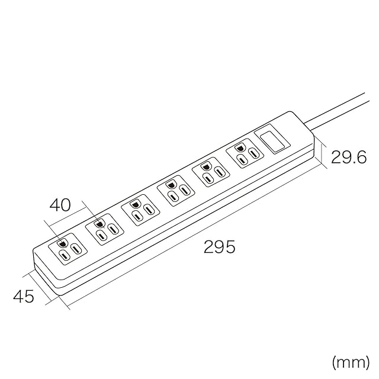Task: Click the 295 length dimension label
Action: (x=219, y=246)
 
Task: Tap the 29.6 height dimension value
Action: (x=348, y=157)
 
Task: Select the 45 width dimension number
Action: (x=24, y=296)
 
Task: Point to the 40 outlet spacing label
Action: (x=60, y=205)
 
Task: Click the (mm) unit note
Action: (x=351, y=362)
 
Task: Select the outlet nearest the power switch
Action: (x=245, y=153)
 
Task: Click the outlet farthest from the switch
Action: (x=68, y=249)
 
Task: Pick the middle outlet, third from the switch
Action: (x=175, y=191)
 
